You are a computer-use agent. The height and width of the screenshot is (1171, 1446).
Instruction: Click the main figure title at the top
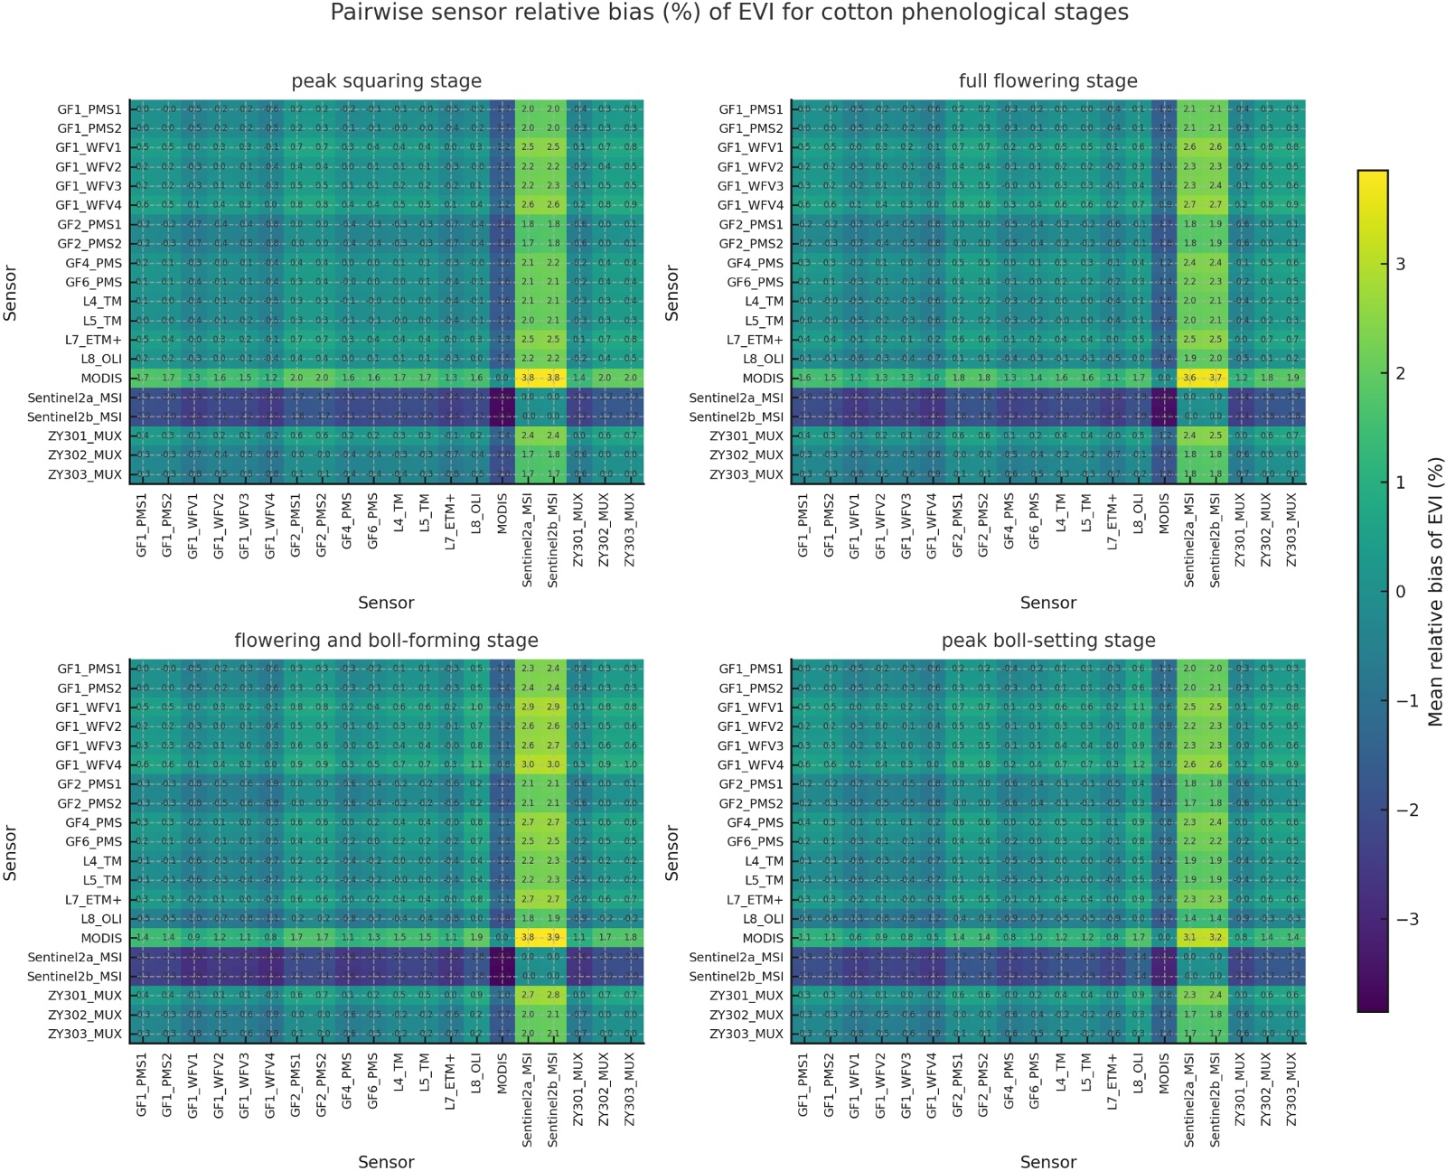click(728, 13)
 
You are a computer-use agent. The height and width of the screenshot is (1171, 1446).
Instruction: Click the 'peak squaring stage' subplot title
click(386, 81)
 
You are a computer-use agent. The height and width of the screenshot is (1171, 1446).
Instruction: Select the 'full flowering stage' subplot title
click(1047, 81)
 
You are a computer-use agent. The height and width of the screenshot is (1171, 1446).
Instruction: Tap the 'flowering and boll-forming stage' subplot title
click(386, 641)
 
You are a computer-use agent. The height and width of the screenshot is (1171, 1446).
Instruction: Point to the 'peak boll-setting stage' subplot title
click(1047, 641)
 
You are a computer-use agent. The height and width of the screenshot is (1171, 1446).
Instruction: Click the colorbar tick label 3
click(1401, 264)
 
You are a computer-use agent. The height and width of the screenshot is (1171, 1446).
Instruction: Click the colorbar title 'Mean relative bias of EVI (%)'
click(1434, 591)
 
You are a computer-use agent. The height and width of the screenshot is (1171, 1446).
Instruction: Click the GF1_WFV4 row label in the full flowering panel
click(750, 205)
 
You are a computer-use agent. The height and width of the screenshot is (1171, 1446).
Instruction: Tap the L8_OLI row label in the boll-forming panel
click(101, 919)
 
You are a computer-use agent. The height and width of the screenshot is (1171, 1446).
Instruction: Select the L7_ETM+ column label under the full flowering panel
click(1113, 521)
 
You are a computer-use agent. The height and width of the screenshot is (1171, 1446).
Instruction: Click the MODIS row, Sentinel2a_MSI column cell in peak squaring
click(528, 379)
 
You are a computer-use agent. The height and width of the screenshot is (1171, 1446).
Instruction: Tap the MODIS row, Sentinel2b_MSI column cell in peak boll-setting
click(1216, 938)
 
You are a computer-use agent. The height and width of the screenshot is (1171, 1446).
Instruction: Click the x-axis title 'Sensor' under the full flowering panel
click(1047, 603)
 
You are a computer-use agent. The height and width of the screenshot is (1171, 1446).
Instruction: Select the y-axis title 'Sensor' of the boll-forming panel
click(11, 852)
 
